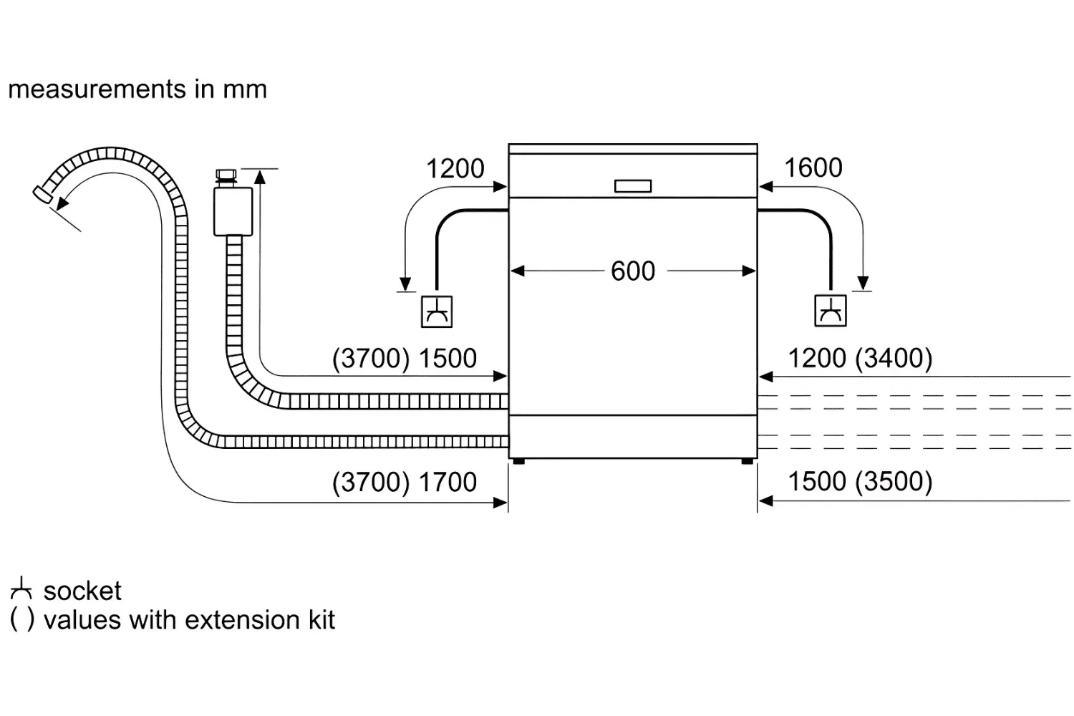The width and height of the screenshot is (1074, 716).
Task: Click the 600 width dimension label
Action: click(633, 271)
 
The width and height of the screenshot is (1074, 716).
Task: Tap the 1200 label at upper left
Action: click(455, 169)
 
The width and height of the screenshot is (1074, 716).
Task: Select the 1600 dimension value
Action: click(813, 168)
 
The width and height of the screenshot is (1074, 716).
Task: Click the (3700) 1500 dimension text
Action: click(404, 359)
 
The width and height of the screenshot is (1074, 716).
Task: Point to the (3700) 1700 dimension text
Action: click(404, 483)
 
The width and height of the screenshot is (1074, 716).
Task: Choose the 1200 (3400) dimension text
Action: click(860, 358)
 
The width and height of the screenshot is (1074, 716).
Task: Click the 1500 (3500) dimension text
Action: click(860, 482)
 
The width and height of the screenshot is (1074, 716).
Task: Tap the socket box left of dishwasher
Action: click(436, 311)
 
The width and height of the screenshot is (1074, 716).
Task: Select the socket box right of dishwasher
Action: click(831, 311)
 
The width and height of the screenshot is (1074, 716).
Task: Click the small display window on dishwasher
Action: click(633, 186)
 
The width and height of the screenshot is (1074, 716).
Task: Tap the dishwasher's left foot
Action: click(518, 461)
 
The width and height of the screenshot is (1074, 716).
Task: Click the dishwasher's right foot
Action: click(747, 461)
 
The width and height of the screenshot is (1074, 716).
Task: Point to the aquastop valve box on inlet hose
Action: click(233, 211)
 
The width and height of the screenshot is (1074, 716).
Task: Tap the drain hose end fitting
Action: click(42, 194)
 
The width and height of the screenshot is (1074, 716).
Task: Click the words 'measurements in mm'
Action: click(137, 89)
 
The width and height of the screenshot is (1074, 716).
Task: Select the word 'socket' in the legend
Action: click(82, 591)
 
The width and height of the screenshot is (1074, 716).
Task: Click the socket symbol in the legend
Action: click(21, 589)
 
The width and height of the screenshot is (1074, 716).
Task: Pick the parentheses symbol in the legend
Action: click(21, 620)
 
